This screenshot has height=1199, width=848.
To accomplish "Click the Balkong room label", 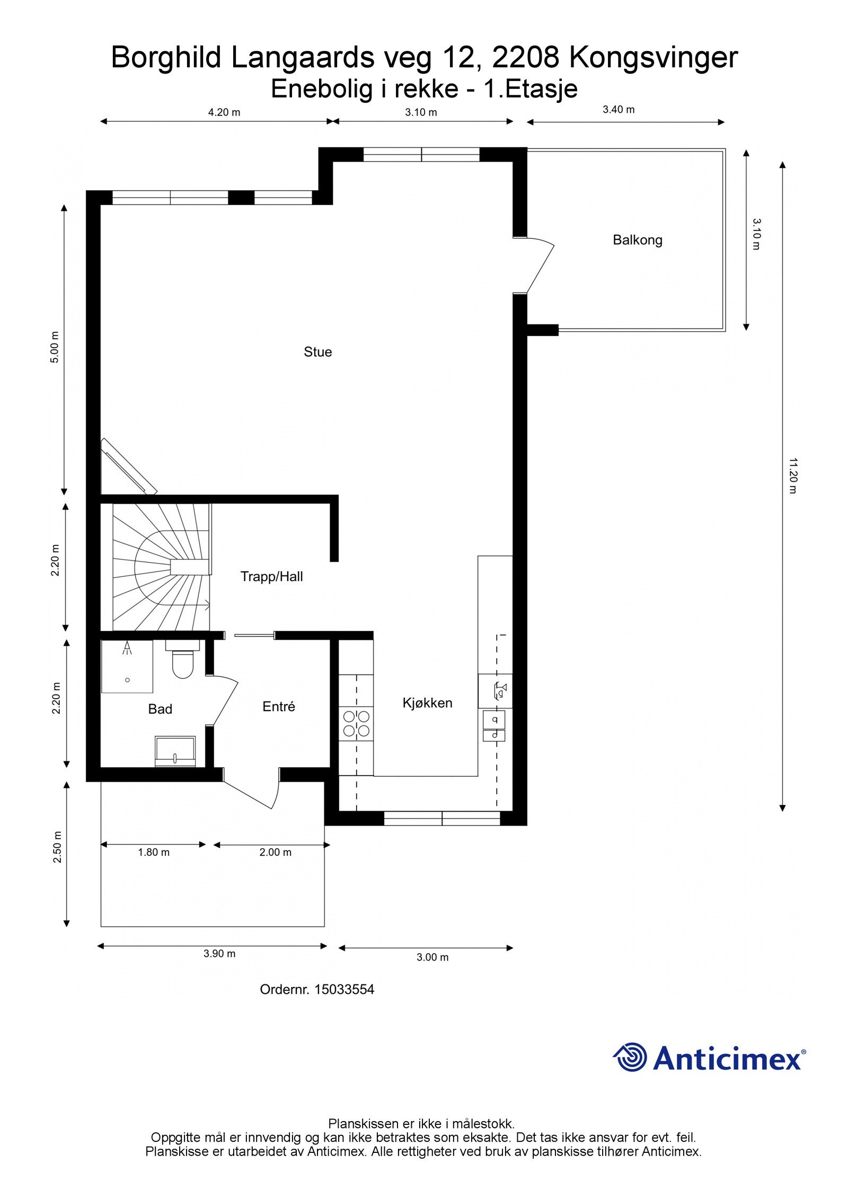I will pos(637,240).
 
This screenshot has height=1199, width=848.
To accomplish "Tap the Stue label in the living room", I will pos(317,352).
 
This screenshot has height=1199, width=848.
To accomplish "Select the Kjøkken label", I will pos(427,703).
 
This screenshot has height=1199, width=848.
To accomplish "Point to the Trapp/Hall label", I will pos(271,576).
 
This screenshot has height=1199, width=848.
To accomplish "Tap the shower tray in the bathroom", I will pos(127,667).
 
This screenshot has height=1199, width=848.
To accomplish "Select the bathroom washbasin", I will pos(175,750).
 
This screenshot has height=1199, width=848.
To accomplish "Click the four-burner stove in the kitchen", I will pos(356,724).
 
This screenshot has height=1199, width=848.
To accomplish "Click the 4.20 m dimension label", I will pos(224,112).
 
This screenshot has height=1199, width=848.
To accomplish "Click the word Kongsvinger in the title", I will pos(653,57).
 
